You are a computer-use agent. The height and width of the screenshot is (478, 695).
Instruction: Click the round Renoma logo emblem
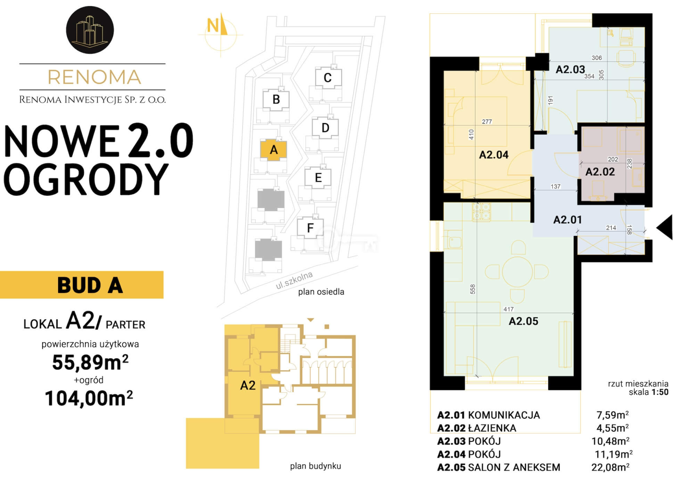(x=90, y=30)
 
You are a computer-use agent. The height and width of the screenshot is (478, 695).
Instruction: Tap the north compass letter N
(x=213, y=26)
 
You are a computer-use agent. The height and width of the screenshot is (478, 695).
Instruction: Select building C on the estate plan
(x=328, y=78)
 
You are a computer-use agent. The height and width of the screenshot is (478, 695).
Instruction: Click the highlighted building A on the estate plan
(x=274, y=150)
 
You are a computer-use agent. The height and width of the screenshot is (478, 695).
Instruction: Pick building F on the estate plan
(x=310, y=228)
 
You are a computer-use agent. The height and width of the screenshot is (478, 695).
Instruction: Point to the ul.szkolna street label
(x=294, y=280)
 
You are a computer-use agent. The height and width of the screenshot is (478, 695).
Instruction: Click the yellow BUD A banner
(x=82, y=285)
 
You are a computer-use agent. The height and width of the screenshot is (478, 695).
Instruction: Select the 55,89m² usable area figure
(x=90, y=362)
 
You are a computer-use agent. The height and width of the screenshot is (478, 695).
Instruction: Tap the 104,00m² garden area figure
(x=89, y=398)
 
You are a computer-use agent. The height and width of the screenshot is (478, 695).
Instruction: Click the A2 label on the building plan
(x=248, y=385)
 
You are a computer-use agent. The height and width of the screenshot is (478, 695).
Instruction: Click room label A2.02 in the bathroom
(x=600, y=172)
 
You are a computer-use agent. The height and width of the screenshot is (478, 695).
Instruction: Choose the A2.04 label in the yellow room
(x=494, y=155)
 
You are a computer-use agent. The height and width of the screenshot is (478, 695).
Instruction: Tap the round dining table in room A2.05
(x=517, y=272)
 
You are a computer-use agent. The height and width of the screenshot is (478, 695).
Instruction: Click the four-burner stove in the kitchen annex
(x=481, y=212)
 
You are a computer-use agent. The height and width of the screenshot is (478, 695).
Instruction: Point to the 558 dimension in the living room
(x=473, y=289)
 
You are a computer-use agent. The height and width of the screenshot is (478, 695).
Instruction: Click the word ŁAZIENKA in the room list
(x=492, y=428)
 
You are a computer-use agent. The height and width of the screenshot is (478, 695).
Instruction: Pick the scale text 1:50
(x=660, y=392)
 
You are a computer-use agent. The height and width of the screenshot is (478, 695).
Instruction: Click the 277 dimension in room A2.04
(x=487, y=122)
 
